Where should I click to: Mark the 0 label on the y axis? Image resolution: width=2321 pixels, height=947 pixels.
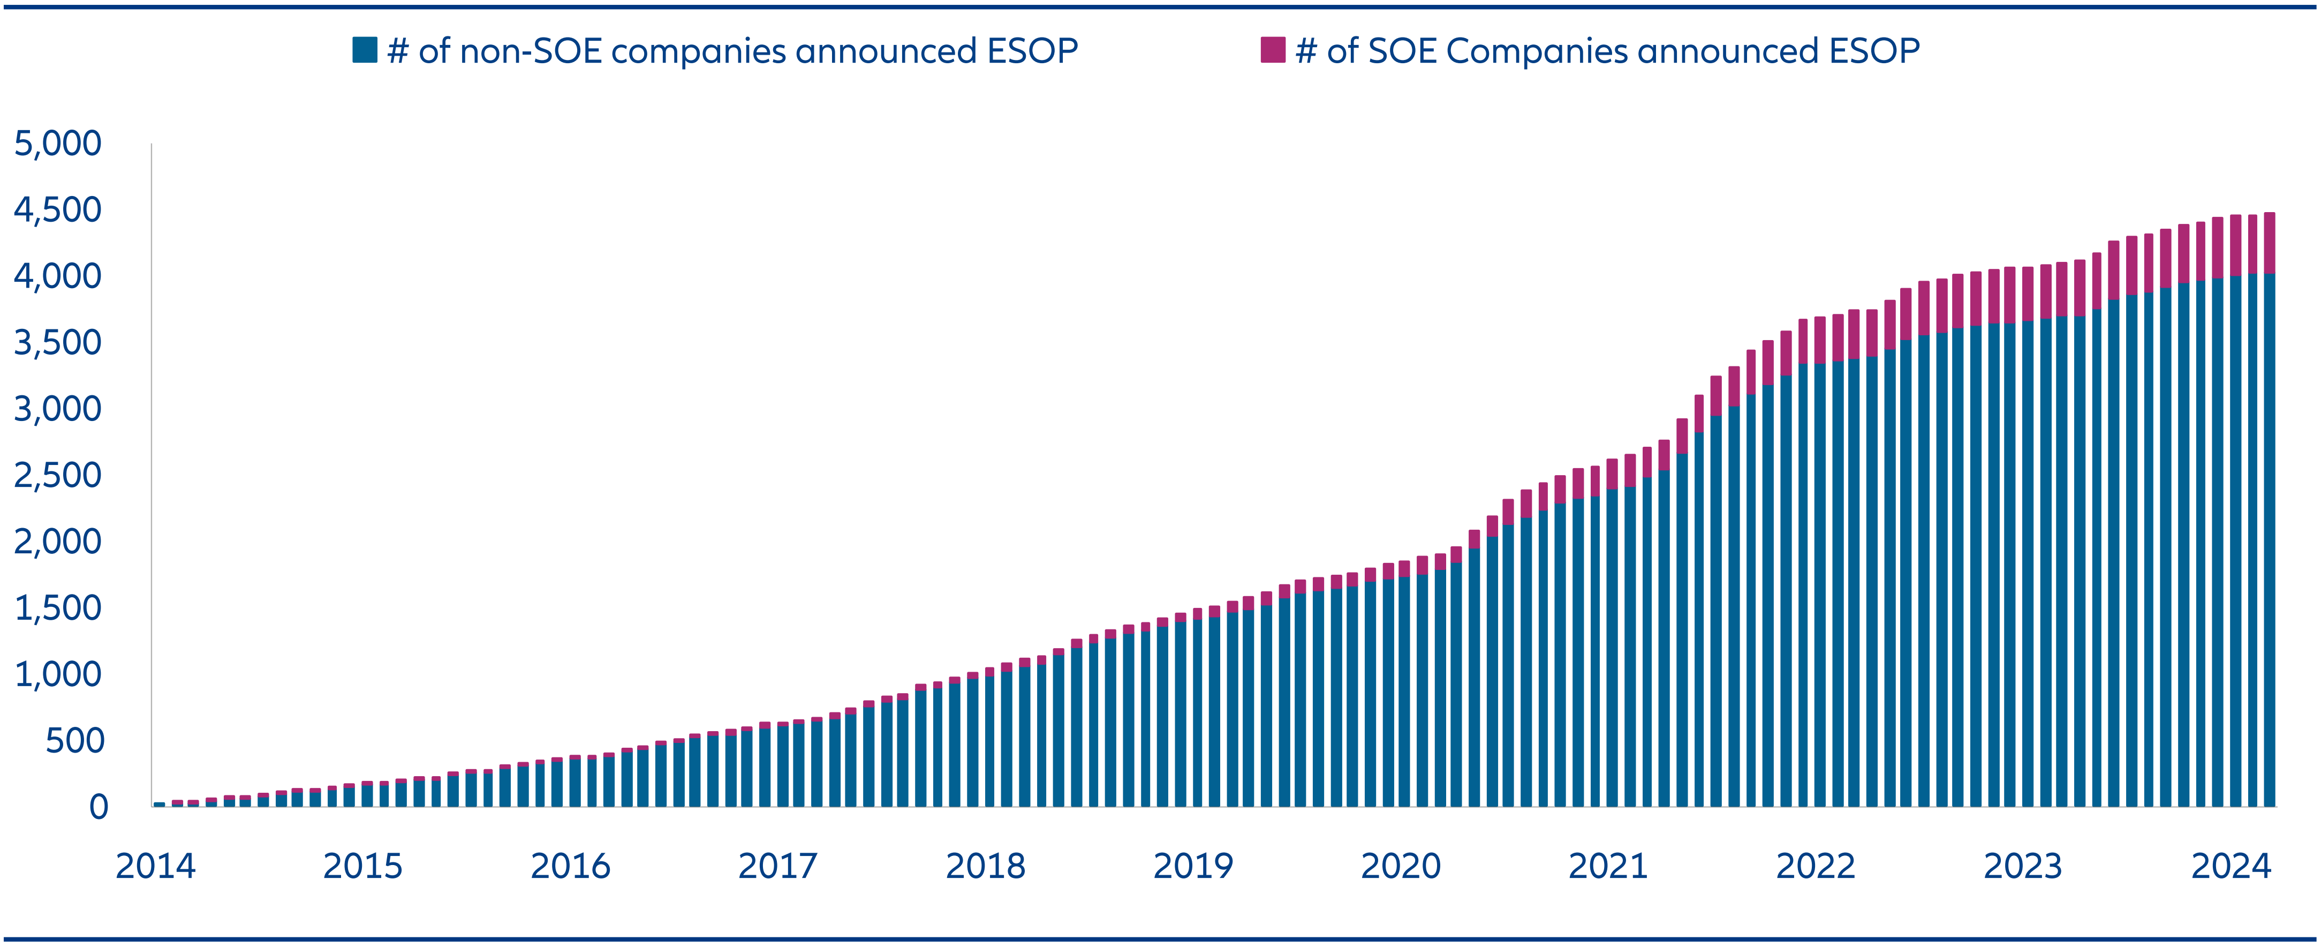pos(98,807)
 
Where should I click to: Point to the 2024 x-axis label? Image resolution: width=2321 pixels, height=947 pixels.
pos(2231,867)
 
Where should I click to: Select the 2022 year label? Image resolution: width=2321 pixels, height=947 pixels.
pos(1816,867)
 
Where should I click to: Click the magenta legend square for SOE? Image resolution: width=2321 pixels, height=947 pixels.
pos(1272,50)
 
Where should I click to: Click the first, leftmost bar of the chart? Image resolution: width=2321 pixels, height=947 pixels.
pos(160,804)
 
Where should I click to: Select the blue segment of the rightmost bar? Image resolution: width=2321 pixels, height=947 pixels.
pos(2269,540)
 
